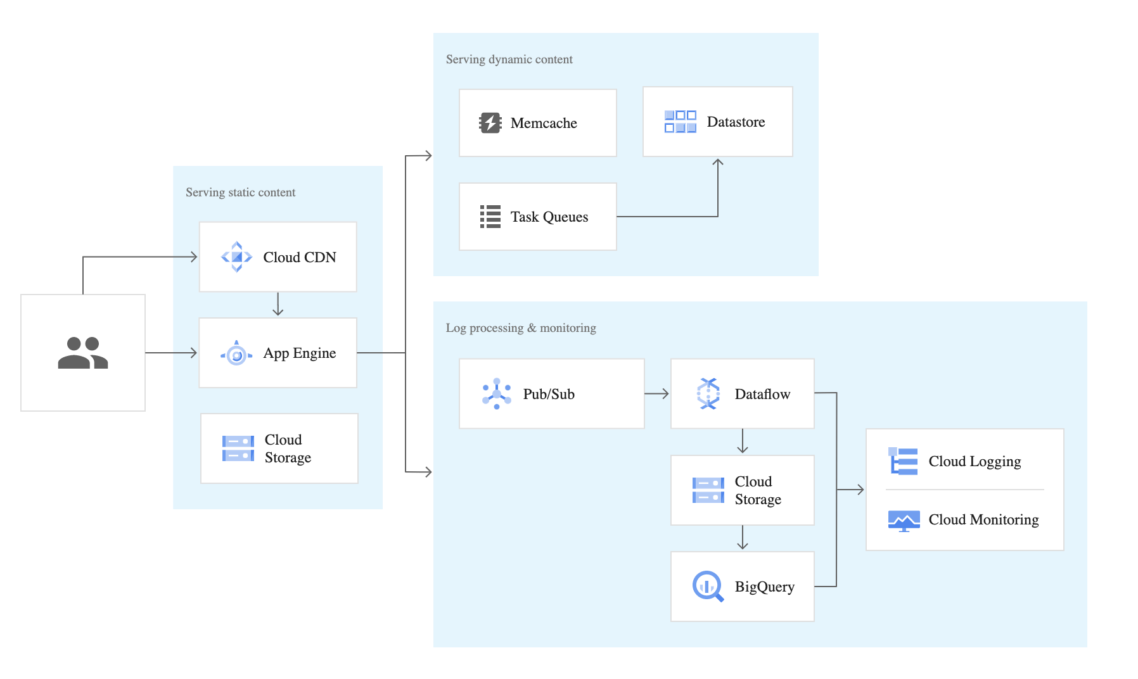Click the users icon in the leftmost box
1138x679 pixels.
[83, 353]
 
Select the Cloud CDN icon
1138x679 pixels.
[237, 257]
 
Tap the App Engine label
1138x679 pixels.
[300, 353]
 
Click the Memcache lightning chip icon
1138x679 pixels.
[490, 123]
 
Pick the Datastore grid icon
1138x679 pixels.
[681, 122]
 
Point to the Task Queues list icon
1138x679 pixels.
[490, 217]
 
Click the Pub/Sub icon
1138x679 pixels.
[497, 394]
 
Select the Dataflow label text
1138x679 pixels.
[762, 394]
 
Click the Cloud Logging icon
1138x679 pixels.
[903, 461]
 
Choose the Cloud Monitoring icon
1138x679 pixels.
[904, 521]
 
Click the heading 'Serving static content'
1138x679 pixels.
[241, 193]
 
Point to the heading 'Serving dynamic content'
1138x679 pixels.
[509, 60]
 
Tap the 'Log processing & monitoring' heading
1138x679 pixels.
[521, 328]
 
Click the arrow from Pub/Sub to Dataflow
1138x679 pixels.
[656, 394]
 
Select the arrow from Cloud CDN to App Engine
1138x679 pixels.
[278, 304]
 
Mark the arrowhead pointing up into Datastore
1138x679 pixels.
[718, 162]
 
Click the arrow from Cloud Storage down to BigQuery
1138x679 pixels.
[743, 538]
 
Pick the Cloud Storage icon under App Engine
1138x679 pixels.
[238, 448]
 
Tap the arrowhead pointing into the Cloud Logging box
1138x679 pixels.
[860, 490]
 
